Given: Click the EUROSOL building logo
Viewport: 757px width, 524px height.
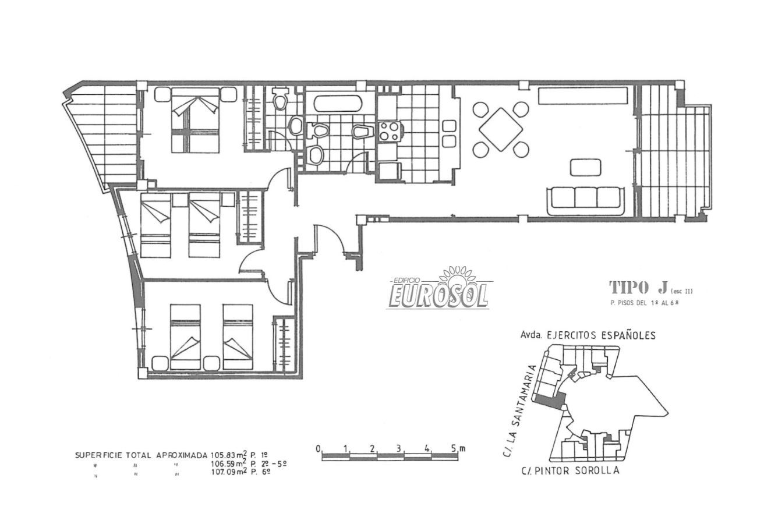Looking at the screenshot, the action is click(x=438, y=289).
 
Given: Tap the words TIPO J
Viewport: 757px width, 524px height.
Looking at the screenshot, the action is click(x=638, y=288).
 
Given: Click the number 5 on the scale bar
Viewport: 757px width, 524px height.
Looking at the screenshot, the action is click(x=454, y=449).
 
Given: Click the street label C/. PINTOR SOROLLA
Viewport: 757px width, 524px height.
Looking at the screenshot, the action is click(x=570, y=470).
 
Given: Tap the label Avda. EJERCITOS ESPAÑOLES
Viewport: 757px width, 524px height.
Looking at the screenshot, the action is click(x=588, y=335).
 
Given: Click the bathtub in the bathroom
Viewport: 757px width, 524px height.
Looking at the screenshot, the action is click(x=338, y=103).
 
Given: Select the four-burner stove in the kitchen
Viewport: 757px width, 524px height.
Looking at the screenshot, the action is click(x=389, y=132).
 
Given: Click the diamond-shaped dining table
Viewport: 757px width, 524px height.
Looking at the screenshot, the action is click(x=501, y=130).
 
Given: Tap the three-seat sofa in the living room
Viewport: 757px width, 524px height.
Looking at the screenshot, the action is click(x=586, y=200).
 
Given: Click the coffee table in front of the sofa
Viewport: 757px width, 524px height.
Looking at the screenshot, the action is click(x=586, y=168).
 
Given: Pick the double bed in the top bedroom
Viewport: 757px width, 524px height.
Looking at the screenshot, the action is click(x=195, y=121).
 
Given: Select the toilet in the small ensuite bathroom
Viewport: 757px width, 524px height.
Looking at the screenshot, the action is click(x=280, y=98).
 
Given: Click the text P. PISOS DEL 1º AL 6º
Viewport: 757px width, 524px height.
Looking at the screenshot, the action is click(x=644, y=303).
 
